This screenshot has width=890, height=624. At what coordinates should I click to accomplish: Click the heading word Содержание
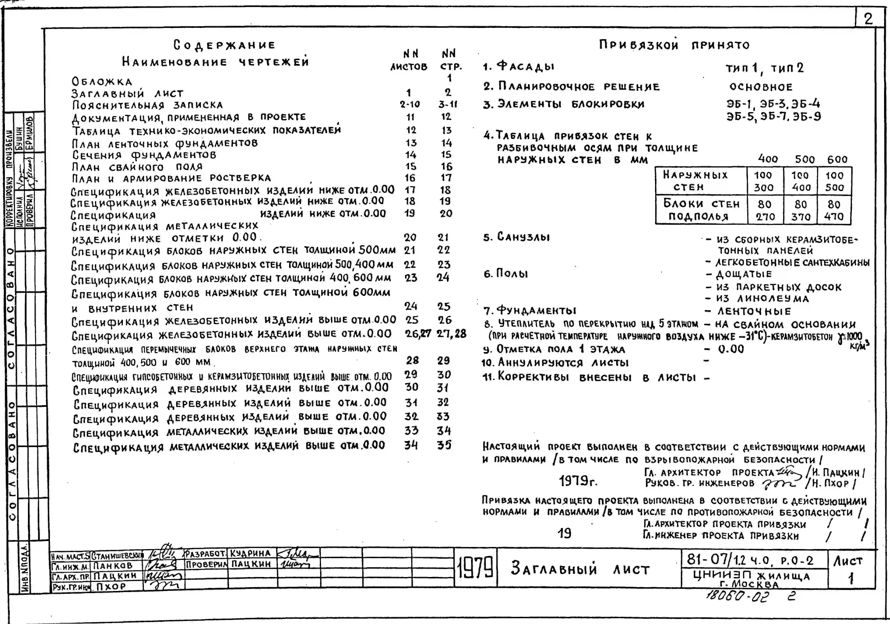click(224, 45)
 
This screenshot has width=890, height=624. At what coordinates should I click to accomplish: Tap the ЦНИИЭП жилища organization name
click(751, 576)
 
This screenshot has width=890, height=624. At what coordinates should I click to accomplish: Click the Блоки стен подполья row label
click(701, 210)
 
